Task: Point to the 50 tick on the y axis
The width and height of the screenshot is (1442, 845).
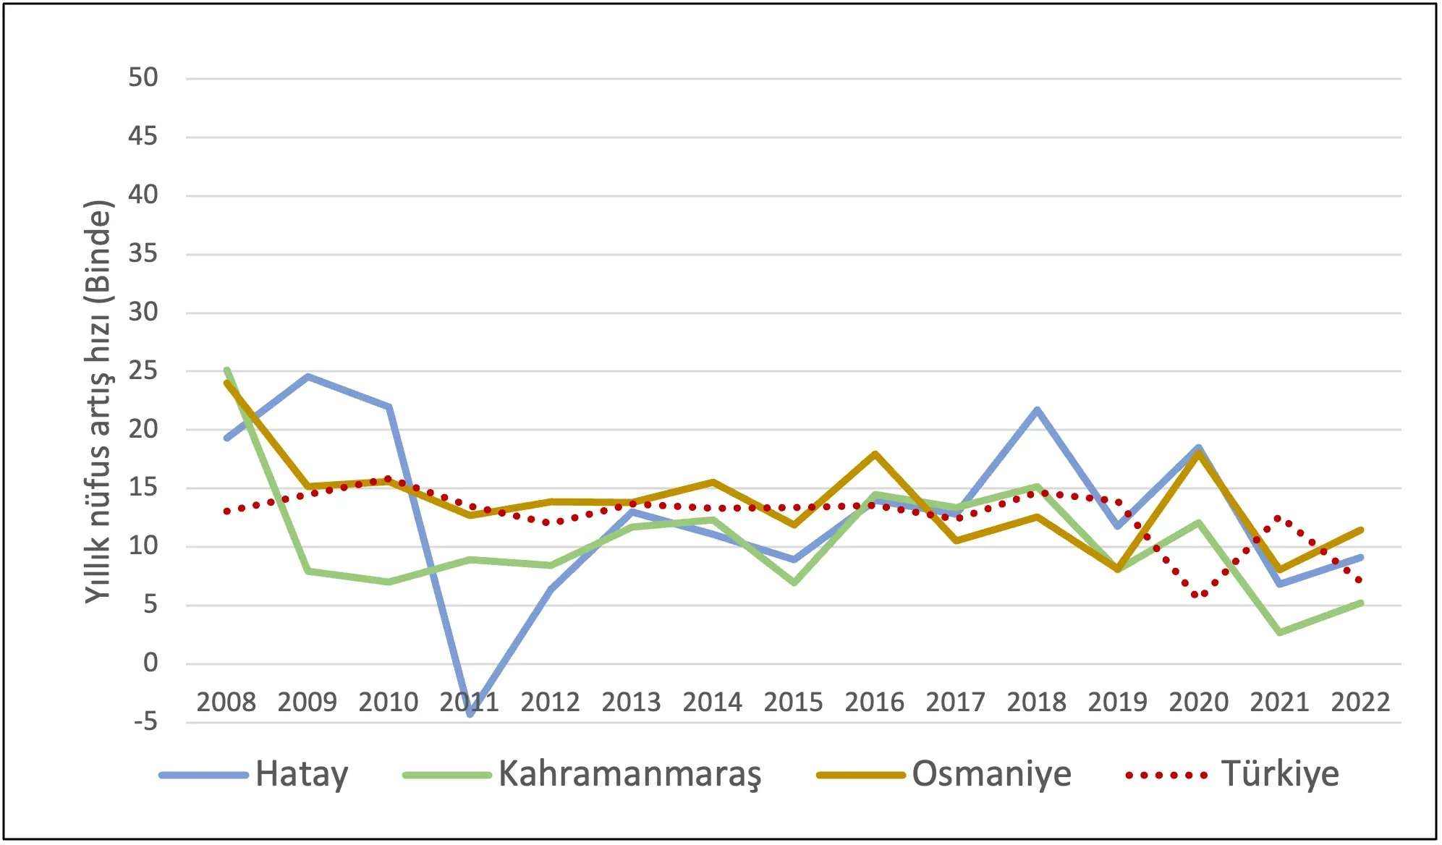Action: pos(143,78)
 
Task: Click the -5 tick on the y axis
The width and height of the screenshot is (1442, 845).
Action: pos(145,721)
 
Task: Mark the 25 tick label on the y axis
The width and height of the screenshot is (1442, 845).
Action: pos(143,371)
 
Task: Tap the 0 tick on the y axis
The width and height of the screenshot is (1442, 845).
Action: pos(150,663)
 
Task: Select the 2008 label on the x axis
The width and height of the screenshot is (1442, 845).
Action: pos(226,702)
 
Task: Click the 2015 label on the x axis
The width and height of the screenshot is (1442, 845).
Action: pos(794,702)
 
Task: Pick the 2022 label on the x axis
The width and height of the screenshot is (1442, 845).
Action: pos(1360,702)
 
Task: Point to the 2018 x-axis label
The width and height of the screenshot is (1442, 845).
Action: pos(1037,702)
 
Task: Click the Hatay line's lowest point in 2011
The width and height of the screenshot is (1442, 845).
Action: pos(470,713)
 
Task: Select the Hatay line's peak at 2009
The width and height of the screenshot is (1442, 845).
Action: pos(308,376)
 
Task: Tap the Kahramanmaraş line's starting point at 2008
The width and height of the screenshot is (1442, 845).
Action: pos(226,370)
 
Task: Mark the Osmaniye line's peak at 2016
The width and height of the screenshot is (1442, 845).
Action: pos(875,454)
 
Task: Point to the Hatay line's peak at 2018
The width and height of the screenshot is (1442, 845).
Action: pos(1037,409)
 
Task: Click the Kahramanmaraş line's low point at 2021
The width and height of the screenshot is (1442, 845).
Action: pos(1280,632)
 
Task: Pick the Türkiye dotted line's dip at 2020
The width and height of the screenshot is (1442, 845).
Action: pos(1199,595)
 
